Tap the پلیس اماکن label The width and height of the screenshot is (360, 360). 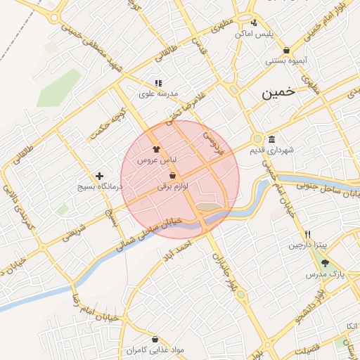[253, 34]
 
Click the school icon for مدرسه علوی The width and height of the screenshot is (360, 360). [159, 82]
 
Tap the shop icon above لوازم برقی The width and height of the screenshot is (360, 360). [173, 175]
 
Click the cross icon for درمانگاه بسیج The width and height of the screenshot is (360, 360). [99, 176]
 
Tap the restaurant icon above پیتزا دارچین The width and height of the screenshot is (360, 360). [307, 234]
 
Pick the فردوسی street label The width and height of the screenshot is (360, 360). [209, 142]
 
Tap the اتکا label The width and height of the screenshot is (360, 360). [351, 326]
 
